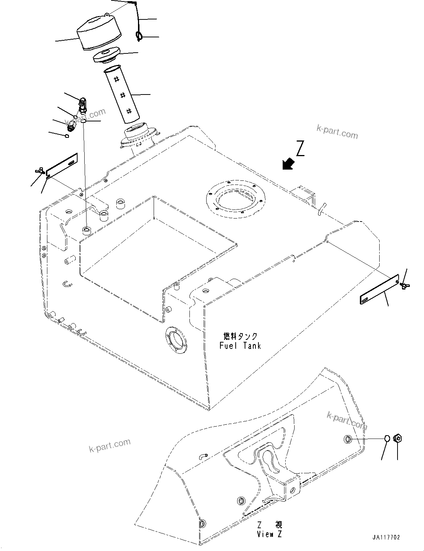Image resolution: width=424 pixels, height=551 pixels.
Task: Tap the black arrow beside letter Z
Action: tap(288, 163)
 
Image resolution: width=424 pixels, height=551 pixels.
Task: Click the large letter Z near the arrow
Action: tap(301, 148)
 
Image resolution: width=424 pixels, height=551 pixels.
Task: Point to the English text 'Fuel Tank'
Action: tap(240, 346)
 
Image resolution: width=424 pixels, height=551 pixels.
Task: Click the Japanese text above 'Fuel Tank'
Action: tap(240, 336)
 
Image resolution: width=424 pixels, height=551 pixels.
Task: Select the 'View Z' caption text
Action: tap(270, 534)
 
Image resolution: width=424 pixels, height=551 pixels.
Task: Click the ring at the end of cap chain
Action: tap(139, 36)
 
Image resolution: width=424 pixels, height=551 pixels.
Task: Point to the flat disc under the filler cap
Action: tap(106, 55)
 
